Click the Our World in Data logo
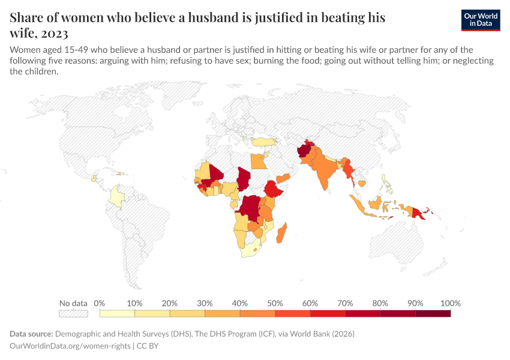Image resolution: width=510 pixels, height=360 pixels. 480,20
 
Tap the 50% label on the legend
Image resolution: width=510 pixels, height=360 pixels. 275,303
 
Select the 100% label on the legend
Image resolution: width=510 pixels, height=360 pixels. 450,303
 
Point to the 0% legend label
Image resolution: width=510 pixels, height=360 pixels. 100,303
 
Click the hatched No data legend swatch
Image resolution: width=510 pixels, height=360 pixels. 73,313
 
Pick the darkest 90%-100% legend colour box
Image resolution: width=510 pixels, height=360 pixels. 433,313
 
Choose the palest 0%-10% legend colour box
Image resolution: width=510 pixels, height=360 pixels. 117,313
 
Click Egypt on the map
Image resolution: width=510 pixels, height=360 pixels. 257,161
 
